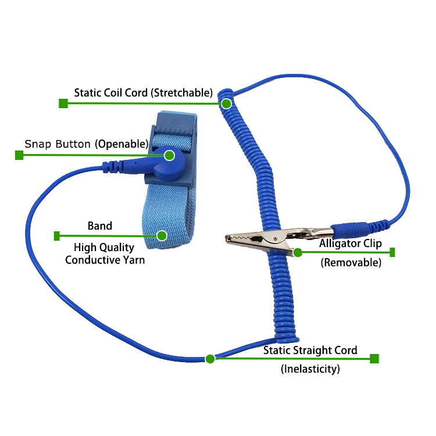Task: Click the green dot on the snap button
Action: click(x=169, y=155)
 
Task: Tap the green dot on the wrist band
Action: click(x=162, y=235)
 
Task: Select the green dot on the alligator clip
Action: click(x=298, y=252)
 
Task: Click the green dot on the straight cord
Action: click(x=210, y=359)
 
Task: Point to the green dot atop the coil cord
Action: click(x=226, y=103)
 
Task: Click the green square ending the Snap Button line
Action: click(x=19, y=155)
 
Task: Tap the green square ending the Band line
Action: click(x=57, y=235)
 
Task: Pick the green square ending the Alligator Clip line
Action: click(x=392, y=252)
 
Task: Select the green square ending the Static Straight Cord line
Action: click(x=374, y=359)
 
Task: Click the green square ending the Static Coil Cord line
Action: click(x=63, y=103)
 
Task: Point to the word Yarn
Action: click(x=133, y=260)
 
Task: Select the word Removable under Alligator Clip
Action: click(x=351, y=262)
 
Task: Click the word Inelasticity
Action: click(x=310, y=369)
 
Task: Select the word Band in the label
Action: click(x=100, y=226)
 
